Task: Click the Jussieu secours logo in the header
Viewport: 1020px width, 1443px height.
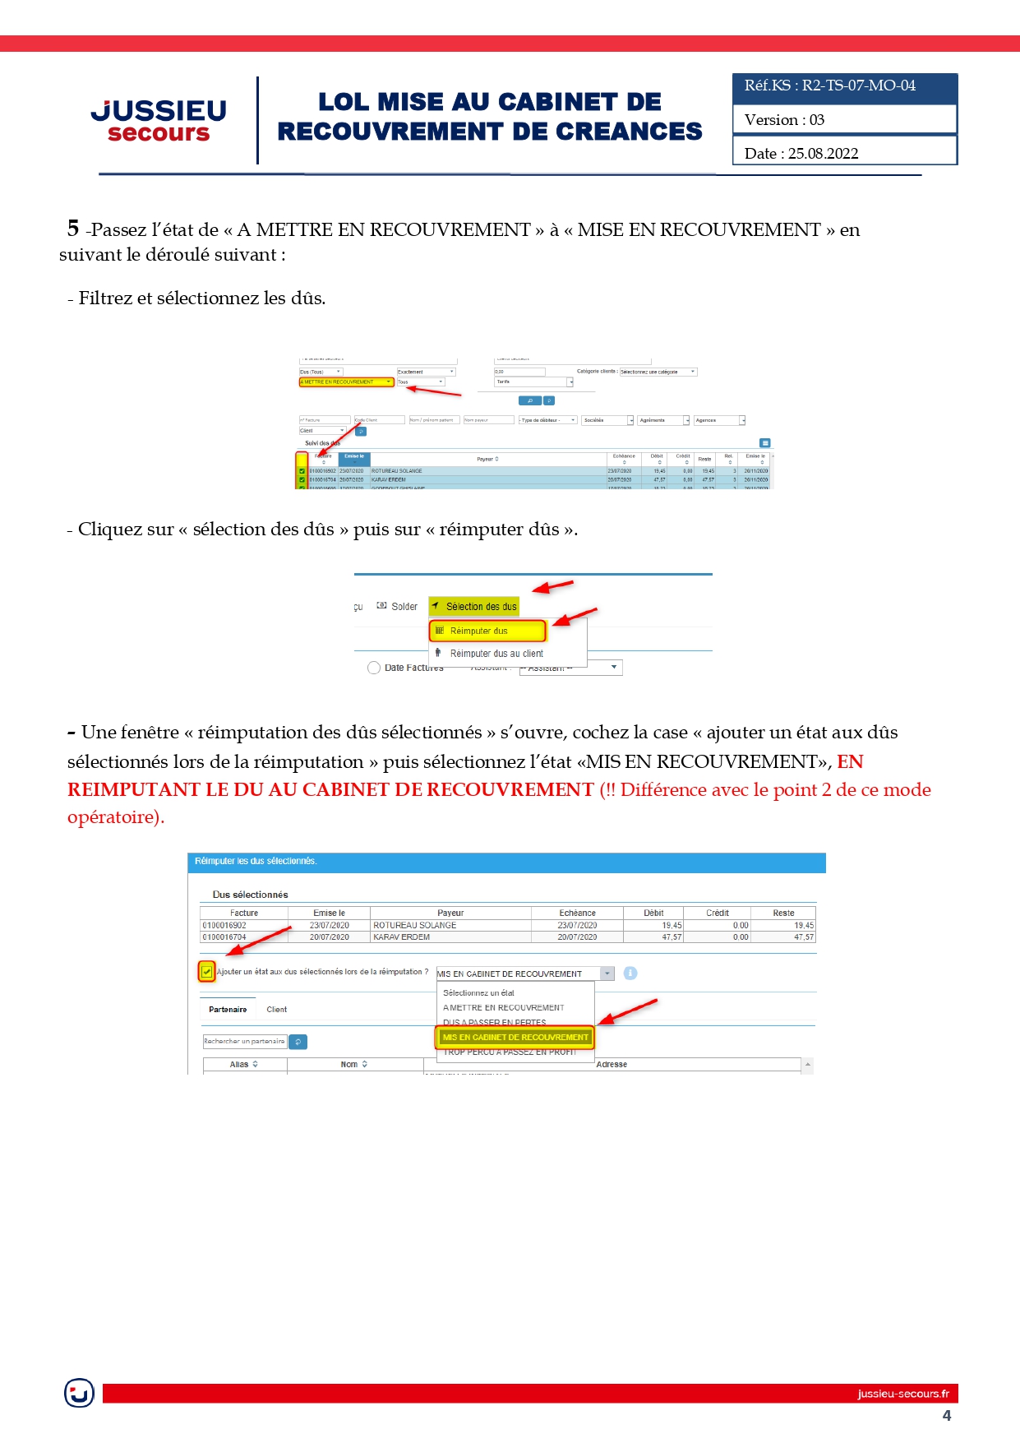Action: tap(159, 120)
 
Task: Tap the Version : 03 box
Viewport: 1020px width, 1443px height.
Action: tap(844, 120)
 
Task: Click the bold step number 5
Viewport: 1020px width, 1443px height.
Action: tap(73, 228)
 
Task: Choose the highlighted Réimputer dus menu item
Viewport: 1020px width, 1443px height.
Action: tap(487, 631)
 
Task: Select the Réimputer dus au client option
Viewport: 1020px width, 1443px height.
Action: tap(496, 654)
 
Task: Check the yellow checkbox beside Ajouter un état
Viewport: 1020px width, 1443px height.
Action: tap(206, 972)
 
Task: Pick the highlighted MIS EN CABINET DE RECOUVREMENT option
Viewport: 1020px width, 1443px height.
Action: tap(515, 1038)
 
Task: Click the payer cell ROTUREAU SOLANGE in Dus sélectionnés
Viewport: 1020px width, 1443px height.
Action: tap(415, 925)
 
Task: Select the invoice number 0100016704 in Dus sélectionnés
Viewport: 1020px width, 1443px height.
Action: tap(224, 937)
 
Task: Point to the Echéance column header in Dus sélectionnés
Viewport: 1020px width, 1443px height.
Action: tap(577, 913)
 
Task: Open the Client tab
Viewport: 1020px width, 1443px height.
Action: tap(276, 1010)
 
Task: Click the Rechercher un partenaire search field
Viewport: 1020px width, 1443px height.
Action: tap(244, 1042)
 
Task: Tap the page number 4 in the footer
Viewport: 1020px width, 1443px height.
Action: tap(947, 1416)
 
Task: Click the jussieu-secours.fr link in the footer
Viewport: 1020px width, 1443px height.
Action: tap(902, 1394)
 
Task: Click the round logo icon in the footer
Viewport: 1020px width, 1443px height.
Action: tap(79, 1393)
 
